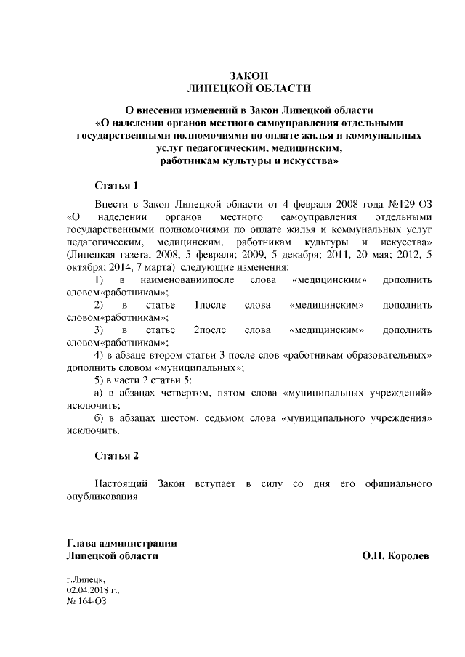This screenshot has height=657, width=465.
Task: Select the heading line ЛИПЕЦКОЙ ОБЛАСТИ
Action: coord(249,89)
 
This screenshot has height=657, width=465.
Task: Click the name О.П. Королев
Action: coord(395,555)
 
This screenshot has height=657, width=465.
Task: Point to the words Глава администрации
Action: coord(121,543)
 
